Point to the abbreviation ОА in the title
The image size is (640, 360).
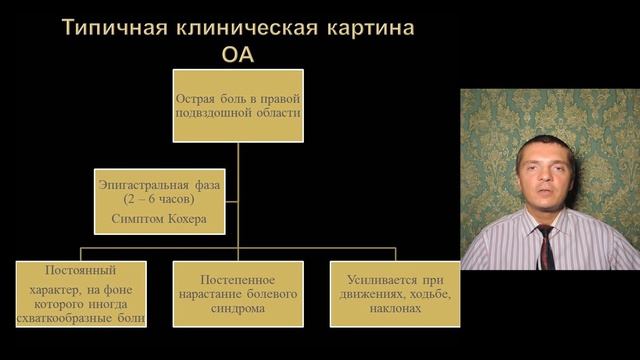click(238, 53)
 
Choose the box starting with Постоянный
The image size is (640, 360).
click(82, 294)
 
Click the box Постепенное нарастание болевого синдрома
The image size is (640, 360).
click(238, 294)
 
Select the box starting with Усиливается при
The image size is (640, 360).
click(393, 294)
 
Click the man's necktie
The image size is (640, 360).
click(546, 247)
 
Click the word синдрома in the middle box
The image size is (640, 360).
click(238, 309)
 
